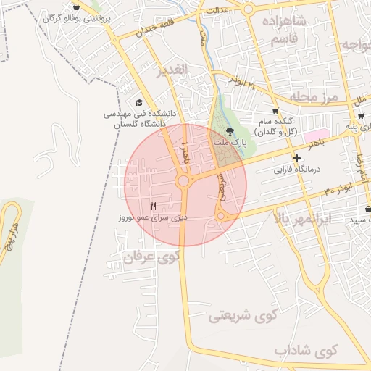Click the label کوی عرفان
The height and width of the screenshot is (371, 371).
[x=151, y=257]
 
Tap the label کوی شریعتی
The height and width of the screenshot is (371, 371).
[x=243, y=316]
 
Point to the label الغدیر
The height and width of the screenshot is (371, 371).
[x=172, y=70]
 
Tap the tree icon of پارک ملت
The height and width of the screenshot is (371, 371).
[x=230, y=131]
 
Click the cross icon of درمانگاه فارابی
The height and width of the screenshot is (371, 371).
[x=296, y=158]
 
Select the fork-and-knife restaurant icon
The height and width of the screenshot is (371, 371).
[x=153, y=207]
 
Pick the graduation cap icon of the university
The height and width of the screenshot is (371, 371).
[x=138, y=103]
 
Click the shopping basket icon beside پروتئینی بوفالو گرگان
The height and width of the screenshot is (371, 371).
[x=77, y=7]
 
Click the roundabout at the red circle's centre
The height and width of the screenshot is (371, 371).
[x=183, y=180]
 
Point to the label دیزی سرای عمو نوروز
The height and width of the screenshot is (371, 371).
[x=154, y=217]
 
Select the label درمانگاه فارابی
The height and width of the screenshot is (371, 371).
[x=296, y=172]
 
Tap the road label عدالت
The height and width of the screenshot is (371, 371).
[x=217, y=11]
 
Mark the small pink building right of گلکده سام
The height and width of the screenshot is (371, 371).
[x=312, y=136]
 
